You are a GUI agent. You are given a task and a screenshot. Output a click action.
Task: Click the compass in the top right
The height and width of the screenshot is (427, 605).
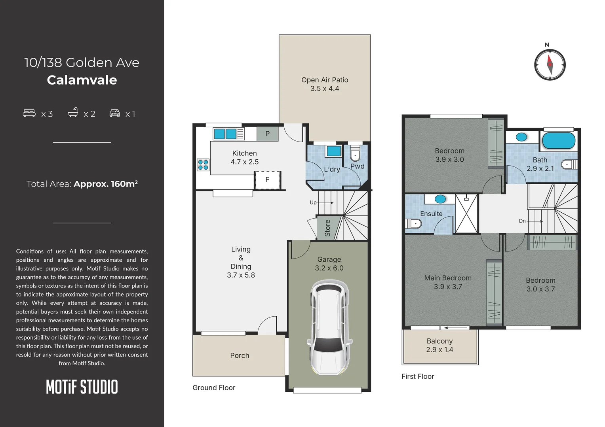pos(550,65)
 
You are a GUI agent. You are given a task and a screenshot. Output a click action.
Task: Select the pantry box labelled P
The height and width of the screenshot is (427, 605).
pos(267,134)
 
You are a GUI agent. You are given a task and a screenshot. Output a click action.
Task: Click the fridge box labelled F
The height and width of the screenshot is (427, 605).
pos(267,180)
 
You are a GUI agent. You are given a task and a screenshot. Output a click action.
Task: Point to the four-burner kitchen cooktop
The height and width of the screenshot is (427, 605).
pos(203,165)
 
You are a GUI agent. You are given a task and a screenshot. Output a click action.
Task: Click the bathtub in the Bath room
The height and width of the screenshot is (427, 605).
pos(558,141)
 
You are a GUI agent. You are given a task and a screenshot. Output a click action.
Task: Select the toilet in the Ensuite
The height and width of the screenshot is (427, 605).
pos(413,224)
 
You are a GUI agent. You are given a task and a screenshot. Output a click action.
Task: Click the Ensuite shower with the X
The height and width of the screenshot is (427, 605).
pos(466,213)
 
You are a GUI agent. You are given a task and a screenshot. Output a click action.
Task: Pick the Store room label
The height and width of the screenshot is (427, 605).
pos(327,228)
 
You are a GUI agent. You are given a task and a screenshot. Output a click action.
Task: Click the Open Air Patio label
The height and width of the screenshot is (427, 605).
pos(325,84)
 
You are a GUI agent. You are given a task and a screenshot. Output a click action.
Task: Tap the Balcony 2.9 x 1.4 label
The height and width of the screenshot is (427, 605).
pos(439,345)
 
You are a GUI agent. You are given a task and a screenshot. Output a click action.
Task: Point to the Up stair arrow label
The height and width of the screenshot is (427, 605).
pos(313,203)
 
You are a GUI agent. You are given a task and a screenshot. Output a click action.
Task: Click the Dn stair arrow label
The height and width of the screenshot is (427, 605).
pos(522,221)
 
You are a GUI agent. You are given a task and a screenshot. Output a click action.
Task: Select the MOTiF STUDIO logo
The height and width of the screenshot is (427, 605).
pos(82,387)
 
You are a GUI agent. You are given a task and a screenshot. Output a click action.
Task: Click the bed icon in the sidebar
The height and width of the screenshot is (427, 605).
pos(29,113)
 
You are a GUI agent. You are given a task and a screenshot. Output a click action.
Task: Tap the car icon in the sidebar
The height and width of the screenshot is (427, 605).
pos(114,113)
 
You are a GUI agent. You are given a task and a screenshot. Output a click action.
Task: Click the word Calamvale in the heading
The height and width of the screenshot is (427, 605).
pos(82,80)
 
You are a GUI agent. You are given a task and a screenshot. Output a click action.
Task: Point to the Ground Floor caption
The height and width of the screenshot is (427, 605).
pos(214,388)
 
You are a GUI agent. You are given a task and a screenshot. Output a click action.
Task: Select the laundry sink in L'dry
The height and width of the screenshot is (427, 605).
pos(333,151)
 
